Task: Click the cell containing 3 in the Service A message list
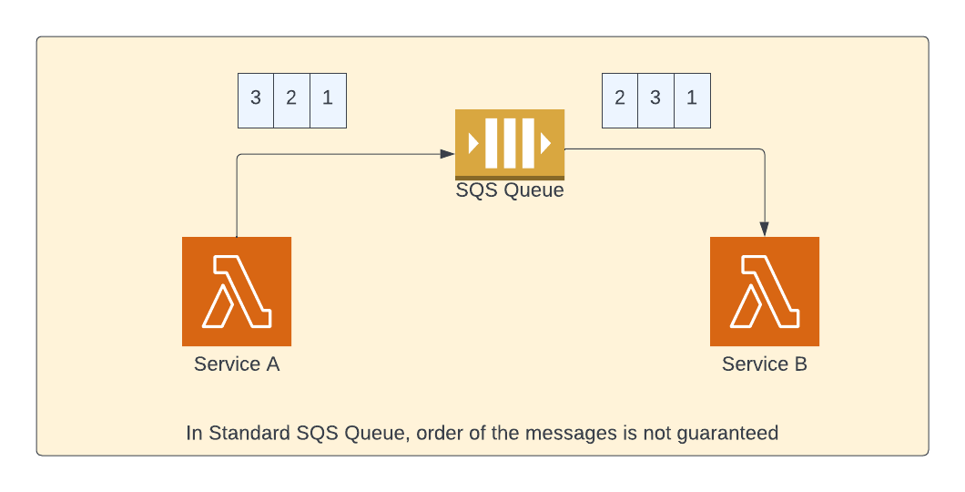[x=256, y=100]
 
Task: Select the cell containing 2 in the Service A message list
[x=291, y=100]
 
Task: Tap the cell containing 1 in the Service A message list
[x=328, y=100]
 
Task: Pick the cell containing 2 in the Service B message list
[x=620, y=100]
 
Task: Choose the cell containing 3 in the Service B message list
[x=656, y=100]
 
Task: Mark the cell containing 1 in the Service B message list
[x=693, y=100]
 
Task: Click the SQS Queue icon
[x=510, y=145]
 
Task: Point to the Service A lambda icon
[x=237, y=292]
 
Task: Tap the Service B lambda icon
[x=765, y=292]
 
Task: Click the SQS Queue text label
[x=510, y=190]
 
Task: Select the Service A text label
[x=237, y=364]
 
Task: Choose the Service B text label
[x=765, y=364]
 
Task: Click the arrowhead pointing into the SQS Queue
[x=448, y=154]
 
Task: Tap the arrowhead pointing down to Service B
[x=765, y=229]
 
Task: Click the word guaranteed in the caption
[x=727, y=434]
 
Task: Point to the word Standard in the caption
[x=249, y=433]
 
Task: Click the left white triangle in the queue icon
[x=474, y=143]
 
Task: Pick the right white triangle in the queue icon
[x=546, y=143]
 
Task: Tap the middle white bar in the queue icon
[x=510, y=143]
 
